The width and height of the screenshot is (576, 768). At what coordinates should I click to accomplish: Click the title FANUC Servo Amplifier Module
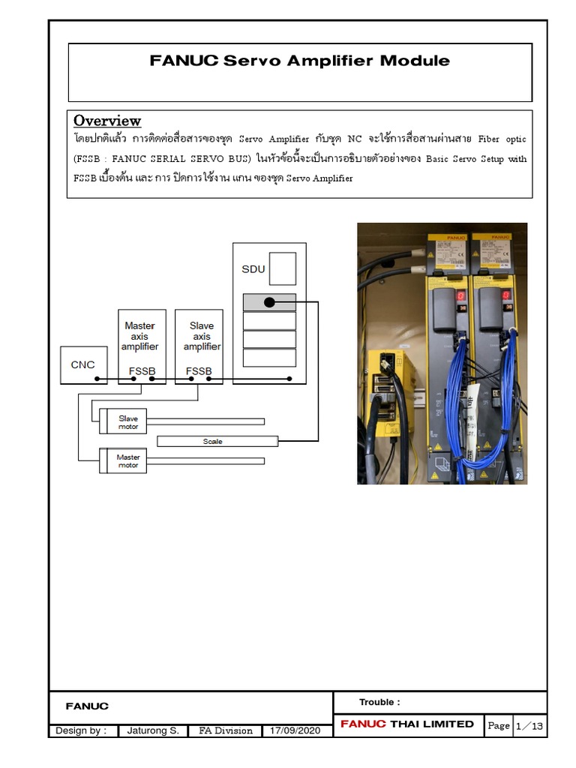point(300,61)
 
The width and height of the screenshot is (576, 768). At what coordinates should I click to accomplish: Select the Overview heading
point(107,121)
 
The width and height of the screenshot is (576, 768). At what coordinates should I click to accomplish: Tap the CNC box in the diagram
point(83,365)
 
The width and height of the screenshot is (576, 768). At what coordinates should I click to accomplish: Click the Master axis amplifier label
point(140,336)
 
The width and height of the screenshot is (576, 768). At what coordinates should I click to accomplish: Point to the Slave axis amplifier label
point(202,336)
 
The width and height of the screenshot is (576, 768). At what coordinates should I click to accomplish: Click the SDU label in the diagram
point(253,269)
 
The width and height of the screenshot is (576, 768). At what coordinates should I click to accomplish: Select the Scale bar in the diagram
point(217,441)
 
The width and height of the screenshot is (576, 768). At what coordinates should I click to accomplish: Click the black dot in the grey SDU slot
point(268,302)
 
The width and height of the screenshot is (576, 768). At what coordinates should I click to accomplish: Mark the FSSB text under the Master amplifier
point(142,371)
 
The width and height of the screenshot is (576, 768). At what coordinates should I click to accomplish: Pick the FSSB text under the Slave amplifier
point(199,371)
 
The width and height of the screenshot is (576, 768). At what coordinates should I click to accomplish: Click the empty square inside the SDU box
point(282,268)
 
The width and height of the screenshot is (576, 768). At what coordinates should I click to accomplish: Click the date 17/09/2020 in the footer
point(295,730)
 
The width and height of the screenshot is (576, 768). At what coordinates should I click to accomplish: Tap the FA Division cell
point(225,730)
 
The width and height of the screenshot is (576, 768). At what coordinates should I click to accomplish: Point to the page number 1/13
point(529,725)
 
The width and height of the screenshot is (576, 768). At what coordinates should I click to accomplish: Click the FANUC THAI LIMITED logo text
point(407,724)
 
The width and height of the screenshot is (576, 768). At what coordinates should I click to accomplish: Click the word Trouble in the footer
point(379,702)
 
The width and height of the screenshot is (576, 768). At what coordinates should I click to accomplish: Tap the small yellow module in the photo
point(388,394)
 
